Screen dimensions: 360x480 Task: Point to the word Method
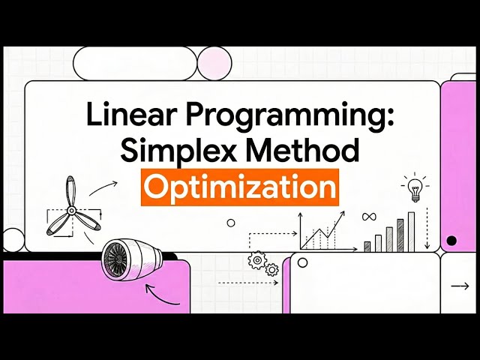point(308,151)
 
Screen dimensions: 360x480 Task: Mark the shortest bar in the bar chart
point(367,245)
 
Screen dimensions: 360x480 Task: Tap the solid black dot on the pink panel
point(451,241)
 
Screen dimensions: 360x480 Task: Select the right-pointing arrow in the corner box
point(459,286)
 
